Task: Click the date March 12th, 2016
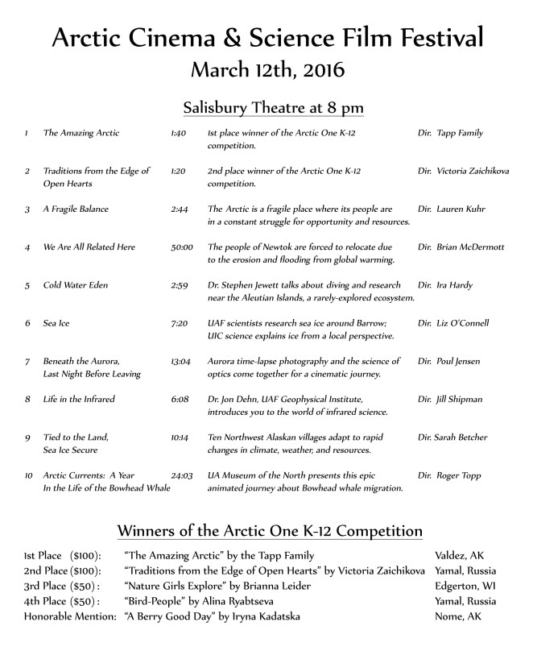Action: click(x=266, y=68)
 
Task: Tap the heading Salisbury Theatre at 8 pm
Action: click(x=266, y=106)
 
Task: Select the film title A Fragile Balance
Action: click(x=76, y=209)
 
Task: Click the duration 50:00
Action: click(x=181, y=247)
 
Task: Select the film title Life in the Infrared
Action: click(x=79, y=399)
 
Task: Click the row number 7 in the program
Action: click(x=27, y=361)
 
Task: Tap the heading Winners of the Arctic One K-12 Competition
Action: click(x=270, y=532)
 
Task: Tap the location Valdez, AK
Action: click(x=461, y=557)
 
